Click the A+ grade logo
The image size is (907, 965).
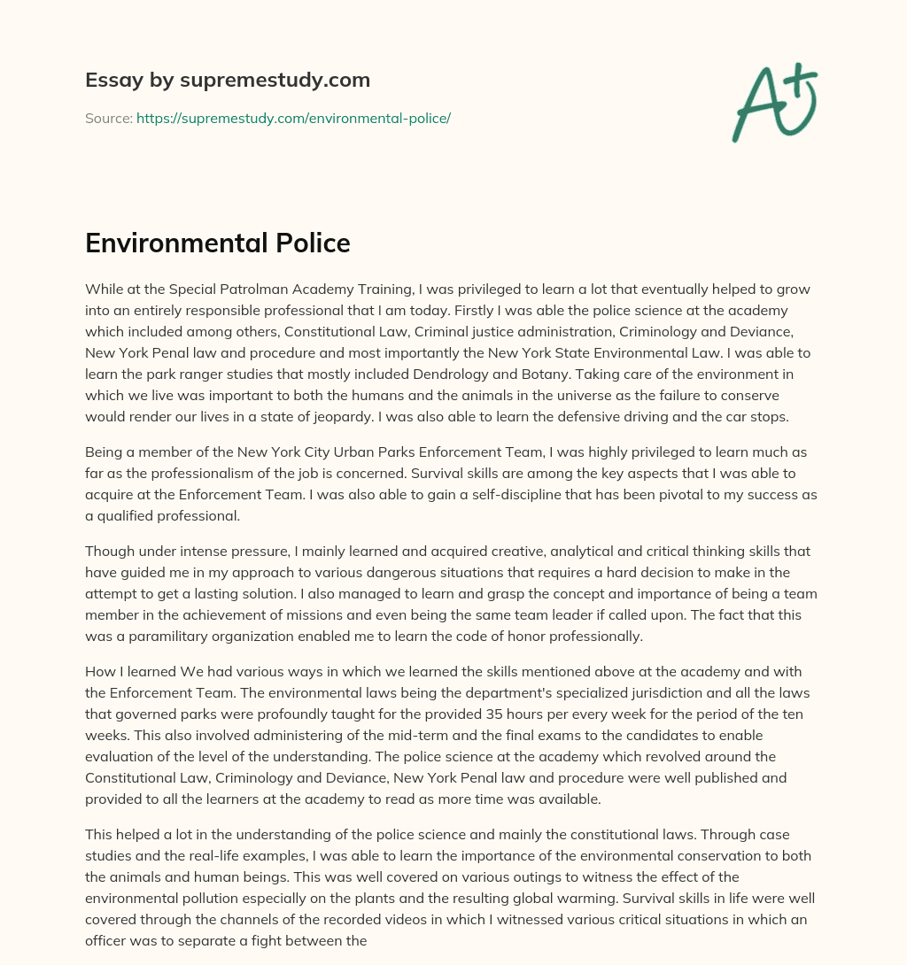pyautogui.click(x=775, y=102)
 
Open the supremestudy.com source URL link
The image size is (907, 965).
pyautogui.click(x=293, y=118)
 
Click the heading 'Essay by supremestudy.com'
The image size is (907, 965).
pyautogui.click(x=228, y=81)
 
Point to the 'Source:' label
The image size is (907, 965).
pyautogui.click(x=109, y=118)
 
